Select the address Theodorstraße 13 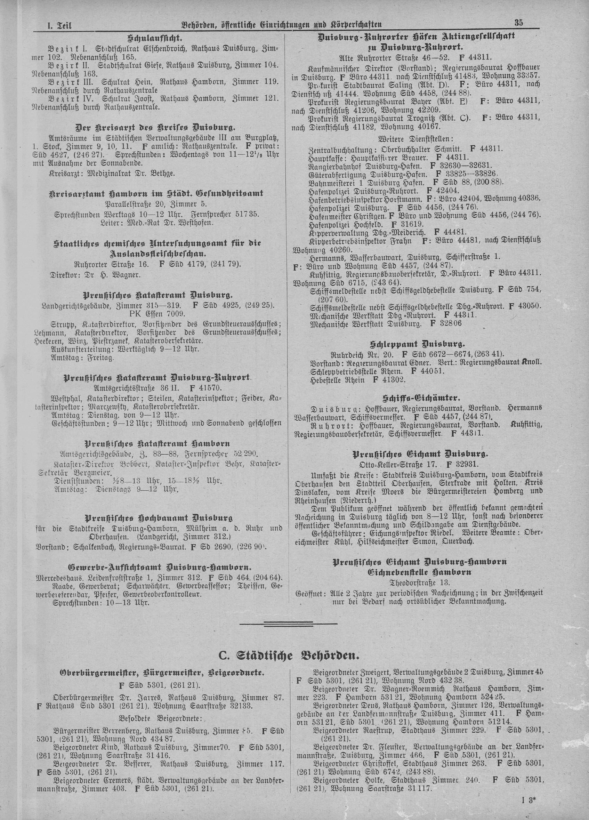tap(419, 582)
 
